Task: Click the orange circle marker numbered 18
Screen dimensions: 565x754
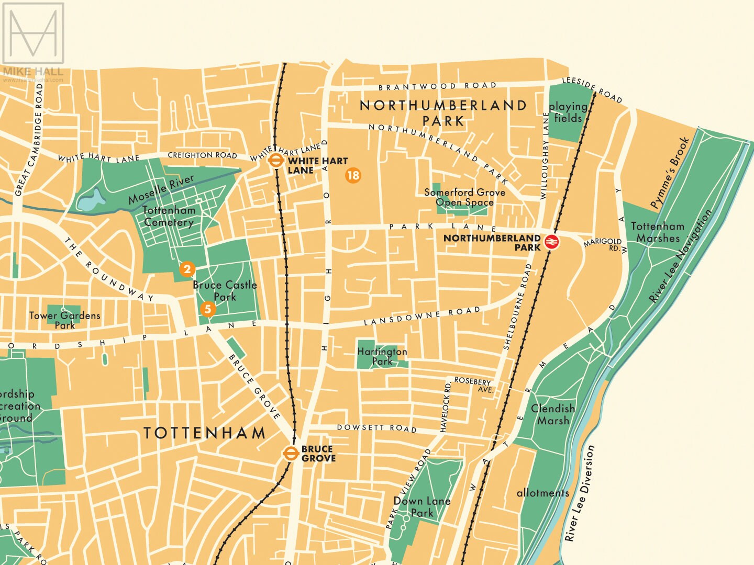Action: click(353, 175)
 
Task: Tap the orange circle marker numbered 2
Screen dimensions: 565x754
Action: click(187, 269)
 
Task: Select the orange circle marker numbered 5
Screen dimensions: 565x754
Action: click(207, 309)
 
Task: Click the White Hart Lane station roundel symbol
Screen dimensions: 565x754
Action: click(275, 161)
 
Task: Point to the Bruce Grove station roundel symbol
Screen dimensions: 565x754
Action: click(291, 454)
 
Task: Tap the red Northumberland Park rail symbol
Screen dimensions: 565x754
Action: click(552, 242)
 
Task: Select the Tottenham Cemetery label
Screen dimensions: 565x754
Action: click(169, 216)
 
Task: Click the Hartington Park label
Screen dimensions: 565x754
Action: click(382, 356)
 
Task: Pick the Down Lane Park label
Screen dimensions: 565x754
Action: click(422, 507)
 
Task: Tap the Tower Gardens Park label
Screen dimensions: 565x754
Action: click(64, 320)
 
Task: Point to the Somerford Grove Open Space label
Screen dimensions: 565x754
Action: click(464, 197)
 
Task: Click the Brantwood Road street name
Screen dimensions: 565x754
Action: click(437, 86)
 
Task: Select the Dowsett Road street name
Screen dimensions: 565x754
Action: click(376, 428)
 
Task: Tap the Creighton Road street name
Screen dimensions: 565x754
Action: click(202, 155)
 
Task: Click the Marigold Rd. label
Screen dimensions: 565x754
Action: click(603, 244)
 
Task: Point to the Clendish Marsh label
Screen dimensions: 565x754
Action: click(553, 414)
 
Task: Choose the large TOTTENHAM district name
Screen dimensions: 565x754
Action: click(205, 433)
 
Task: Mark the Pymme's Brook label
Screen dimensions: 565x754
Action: click(670, 173)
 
